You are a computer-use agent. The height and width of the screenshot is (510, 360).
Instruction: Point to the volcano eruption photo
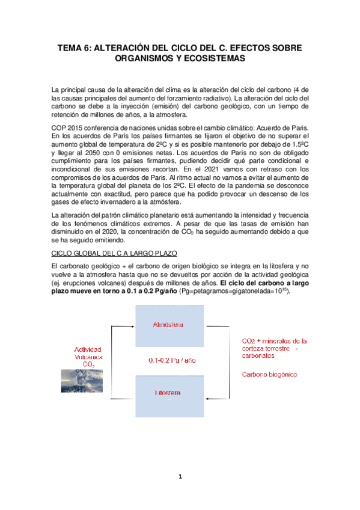[x=82, y=380]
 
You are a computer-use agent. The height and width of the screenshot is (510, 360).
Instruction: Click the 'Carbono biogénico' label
[x=269, y=374]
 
